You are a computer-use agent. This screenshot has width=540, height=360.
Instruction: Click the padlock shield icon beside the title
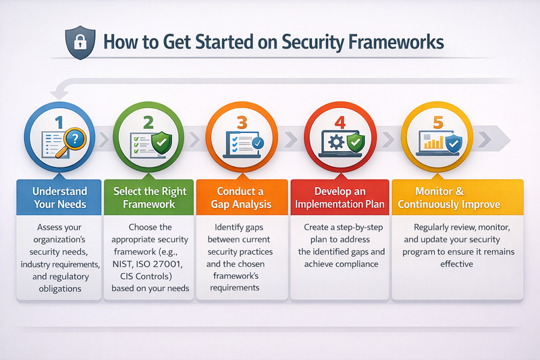click(76, 43)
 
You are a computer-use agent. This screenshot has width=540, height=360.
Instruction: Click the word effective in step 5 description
click(456, 264)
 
